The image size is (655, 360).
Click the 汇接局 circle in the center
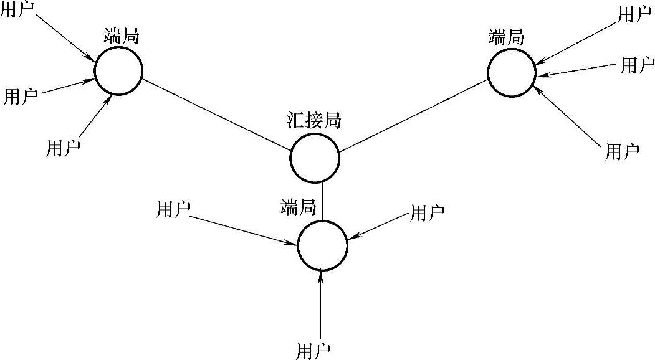(315, 158)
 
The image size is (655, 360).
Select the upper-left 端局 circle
(118, 71)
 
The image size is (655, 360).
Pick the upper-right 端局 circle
(512, 72)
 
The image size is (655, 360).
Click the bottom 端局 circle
(322, 245)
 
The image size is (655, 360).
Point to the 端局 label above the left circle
(122, 36)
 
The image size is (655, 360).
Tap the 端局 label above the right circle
(506, 37)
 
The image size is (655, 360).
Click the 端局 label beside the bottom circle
(299, 206)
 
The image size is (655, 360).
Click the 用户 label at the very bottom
(314, 350)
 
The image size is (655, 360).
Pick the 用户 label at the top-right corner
(634, 14)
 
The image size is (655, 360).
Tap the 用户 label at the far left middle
(21, 96)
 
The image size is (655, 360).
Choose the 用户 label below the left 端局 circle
(63, 148)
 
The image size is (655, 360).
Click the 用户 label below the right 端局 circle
(622, 151)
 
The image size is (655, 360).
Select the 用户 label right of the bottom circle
(427, 212)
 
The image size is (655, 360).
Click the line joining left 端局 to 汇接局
(216, 114)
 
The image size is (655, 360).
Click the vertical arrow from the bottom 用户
(322, 305)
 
